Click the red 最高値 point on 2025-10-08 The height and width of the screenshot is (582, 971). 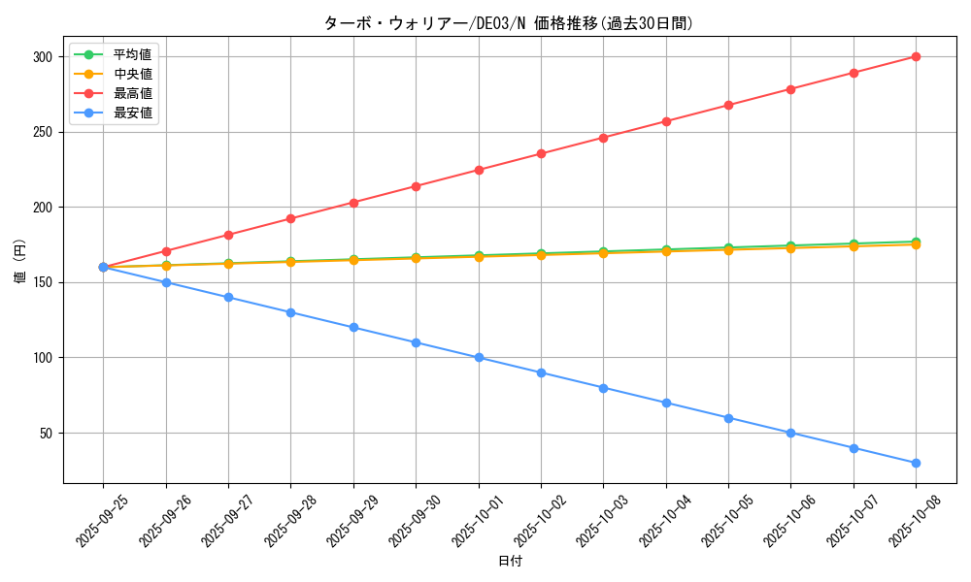tap(916, 56)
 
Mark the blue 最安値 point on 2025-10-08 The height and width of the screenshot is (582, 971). tap(916, 463)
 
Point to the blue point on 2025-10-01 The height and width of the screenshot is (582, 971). tap(479, 358)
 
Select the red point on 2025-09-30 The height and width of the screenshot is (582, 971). tap(416, 186)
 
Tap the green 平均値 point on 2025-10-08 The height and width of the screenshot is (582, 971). tap(916, 242)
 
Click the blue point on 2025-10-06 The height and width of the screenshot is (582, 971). tap(790, 433)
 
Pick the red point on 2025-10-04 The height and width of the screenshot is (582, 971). tap(666, 121)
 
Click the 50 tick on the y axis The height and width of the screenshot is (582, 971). tap(45, 433)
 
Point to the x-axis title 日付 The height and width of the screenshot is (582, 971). tap(510, 562)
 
